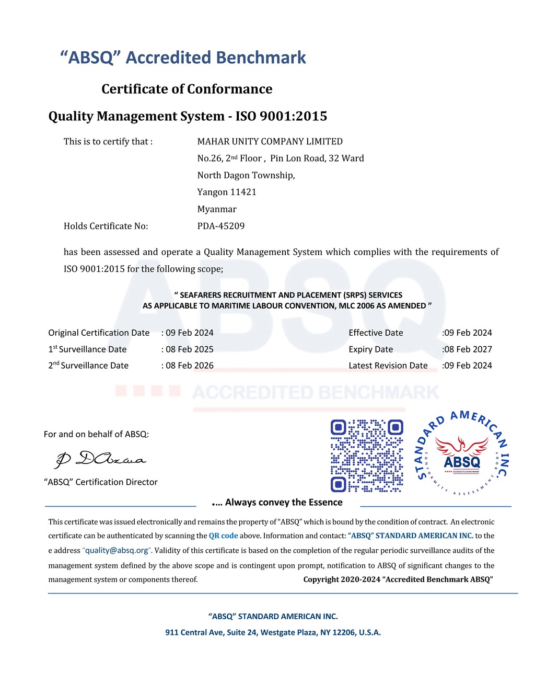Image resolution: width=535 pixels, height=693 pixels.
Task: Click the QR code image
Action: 367,456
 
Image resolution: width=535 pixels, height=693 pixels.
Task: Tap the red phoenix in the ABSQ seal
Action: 461,446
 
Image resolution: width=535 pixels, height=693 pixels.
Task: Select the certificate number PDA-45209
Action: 221,226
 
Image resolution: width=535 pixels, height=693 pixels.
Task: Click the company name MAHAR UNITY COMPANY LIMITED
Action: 270,141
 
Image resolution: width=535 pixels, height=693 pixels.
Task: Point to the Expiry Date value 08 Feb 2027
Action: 468,349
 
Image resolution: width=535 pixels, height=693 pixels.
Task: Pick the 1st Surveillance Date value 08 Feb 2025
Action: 189,349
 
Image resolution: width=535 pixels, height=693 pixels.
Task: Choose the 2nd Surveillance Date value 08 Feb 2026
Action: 189,366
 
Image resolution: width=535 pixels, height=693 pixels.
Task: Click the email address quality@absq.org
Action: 117,550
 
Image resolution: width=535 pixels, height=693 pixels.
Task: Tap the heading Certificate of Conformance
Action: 187,89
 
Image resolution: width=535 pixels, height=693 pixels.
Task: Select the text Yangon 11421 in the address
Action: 227,192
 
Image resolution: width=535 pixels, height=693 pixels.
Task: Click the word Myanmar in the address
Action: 217,209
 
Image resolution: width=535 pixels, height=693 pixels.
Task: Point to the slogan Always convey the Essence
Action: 284,502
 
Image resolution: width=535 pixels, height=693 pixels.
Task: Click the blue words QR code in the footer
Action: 223,536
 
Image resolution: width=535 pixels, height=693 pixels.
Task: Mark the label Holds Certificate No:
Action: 106,226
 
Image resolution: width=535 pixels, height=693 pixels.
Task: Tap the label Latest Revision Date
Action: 388,366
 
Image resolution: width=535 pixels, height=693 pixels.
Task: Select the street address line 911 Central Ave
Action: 273,632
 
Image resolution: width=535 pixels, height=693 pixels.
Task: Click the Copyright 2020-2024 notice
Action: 398,579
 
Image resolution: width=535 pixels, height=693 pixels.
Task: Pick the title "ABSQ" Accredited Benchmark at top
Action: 183,58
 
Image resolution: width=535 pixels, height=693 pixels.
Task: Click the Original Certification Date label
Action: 99,333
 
